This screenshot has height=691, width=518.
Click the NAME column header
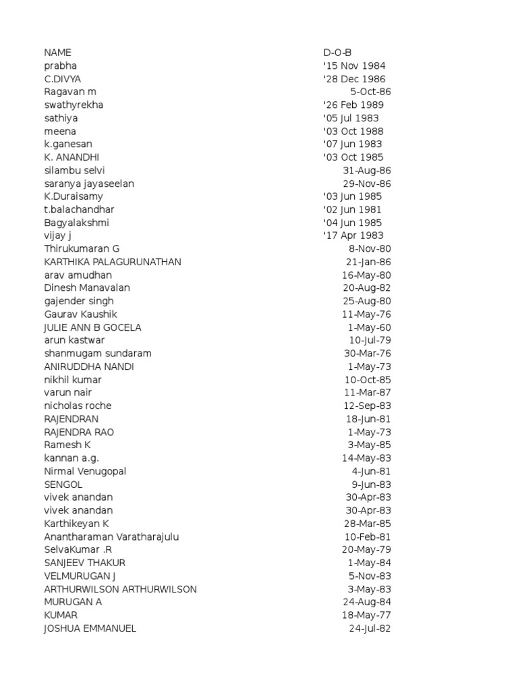[57, 53]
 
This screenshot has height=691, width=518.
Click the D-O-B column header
[337, 53]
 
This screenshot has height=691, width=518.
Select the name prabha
[61, 65]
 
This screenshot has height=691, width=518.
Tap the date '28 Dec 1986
[354, 79]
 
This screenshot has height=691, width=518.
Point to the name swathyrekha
[74, 105]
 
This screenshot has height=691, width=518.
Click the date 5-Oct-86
[371, 92]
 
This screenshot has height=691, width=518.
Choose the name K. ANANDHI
[71, 157]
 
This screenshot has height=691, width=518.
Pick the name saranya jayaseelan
[89, 184]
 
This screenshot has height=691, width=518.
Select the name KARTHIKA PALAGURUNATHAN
[113, 262]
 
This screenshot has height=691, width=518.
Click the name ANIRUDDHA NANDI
[89, 366]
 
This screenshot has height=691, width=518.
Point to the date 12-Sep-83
[367, 406]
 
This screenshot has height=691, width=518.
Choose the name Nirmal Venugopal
[85, 471]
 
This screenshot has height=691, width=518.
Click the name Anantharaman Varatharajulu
[112, 536]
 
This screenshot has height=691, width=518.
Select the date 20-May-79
[366, 550]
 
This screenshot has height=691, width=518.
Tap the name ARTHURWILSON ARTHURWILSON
[120, 589]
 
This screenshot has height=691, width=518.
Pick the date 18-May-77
[366, 615]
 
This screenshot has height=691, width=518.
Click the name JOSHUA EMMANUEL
[90, 628]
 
